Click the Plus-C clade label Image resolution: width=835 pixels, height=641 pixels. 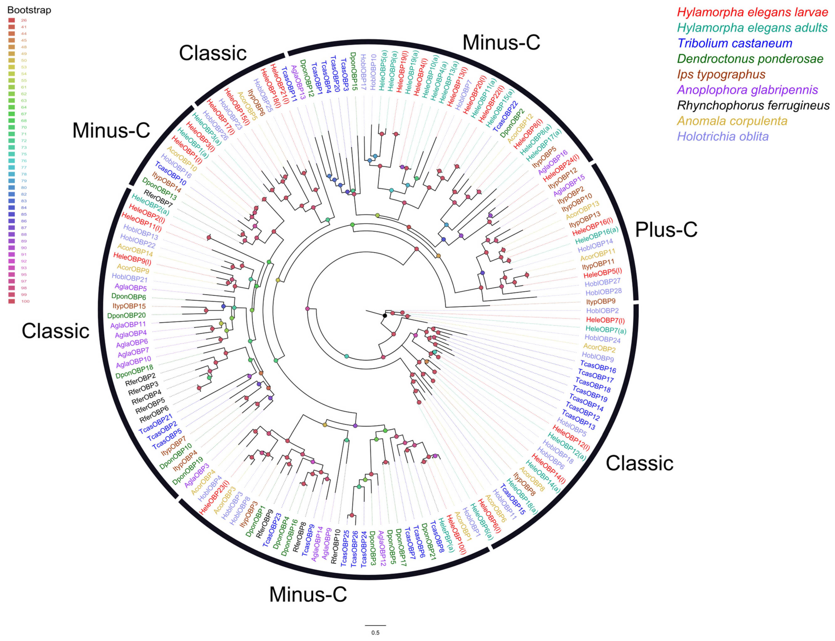click(x=666, y=230)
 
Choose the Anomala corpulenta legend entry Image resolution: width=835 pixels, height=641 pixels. click(x=732, y=121)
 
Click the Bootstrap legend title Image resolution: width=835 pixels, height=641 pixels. click(x=29, y=10)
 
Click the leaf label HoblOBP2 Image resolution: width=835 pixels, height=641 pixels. click(x=602, y=311)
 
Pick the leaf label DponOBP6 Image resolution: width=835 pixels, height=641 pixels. click(x=129, y=297)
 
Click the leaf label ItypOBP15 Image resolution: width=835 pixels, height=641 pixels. click(x=129, y=306)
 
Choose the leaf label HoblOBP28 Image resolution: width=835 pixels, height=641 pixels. click(x=604, y=292)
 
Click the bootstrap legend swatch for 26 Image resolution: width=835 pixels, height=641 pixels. click(x=12, y=20)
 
